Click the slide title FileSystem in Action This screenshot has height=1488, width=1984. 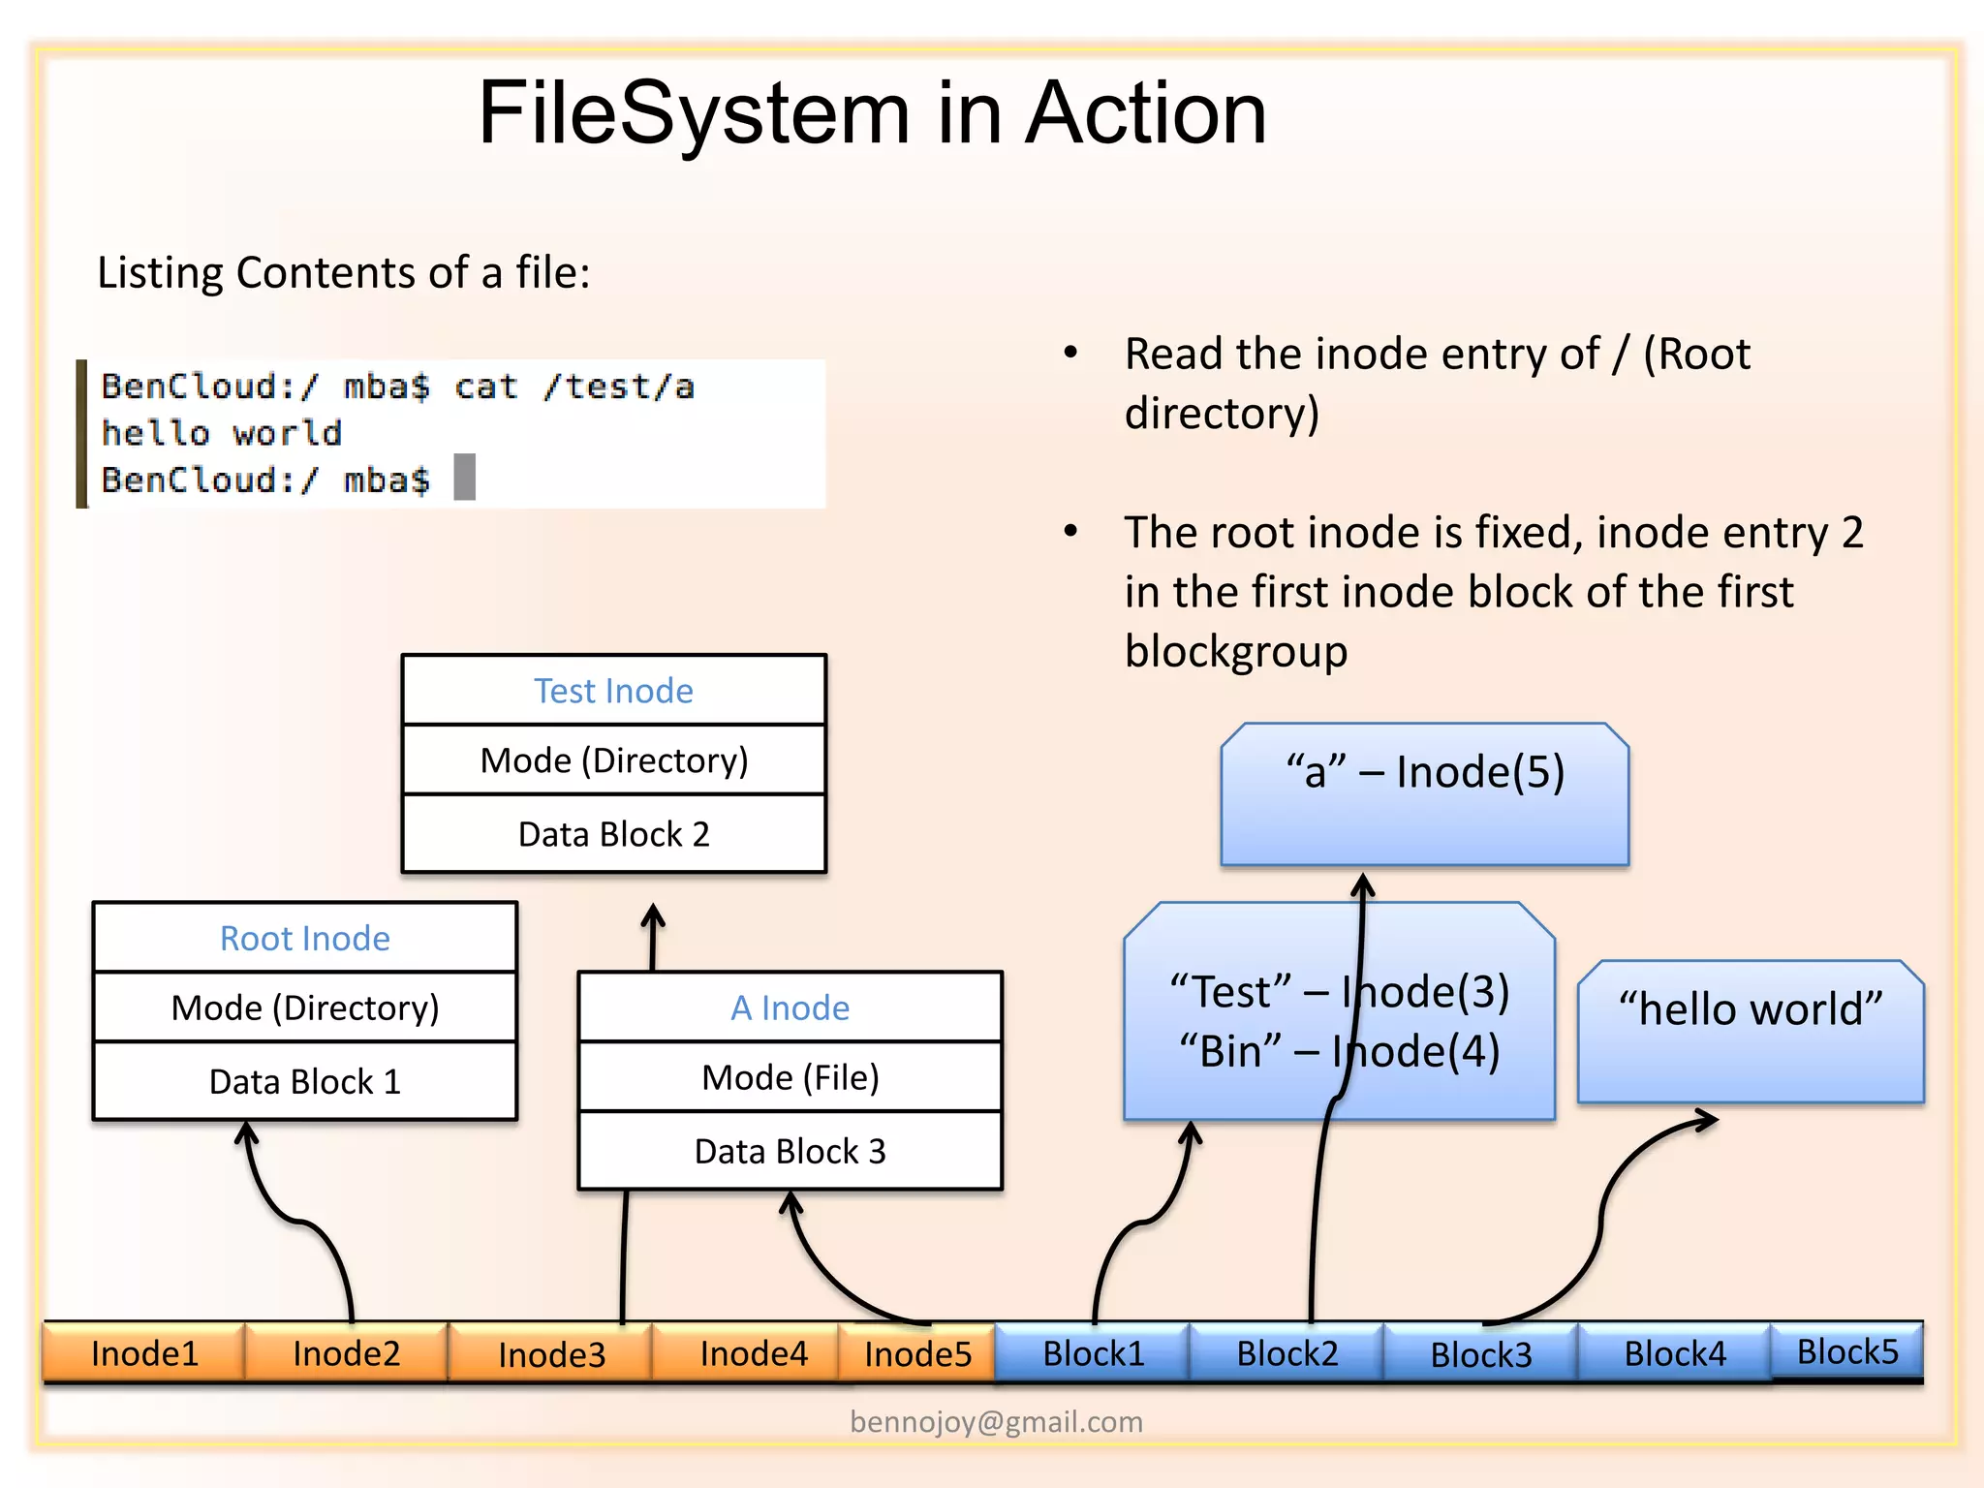872,114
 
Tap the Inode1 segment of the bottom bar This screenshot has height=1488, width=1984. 144,1352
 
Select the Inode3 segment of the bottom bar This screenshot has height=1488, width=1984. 550,1353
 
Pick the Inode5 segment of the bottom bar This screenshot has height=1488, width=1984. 917,1353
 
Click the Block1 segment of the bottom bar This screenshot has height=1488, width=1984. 1093,1353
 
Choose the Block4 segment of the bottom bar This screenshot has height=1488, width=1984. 1674,1353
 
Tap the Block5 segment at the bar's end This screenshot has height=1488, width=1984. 1847,1350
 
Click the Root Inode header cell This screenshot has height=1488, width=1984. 305,938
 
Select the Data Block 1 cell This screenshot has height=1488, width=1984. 305,1081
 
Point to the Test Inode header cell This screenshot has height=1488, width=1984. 613,691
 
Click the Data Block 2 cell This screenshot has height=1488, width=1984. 613,834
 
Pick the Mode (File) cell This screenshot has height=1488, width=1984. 790,1077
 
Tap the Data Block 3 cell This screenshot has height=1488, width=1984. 790,1151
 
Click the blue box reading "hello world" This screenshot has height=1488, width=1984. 1750,1032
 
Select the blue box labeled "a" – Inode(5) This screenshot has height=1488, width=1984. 1424,794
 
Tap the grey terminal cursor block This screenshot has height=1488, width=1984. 465,477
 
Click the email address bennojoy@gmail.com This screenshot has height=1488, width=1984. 996,1421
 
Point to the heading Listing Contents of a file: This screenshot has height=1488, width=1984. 344,272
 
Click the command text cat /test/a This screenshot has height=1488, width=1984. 574,387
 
